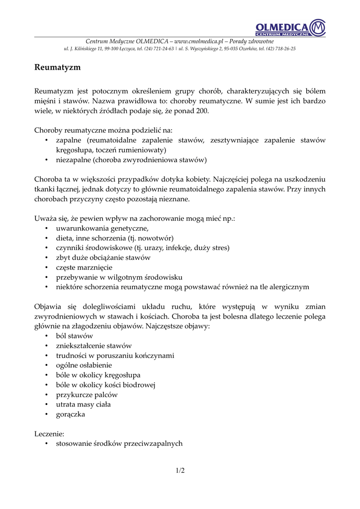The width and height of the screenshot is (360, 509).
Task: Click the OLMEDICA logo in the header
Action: coord(290,27)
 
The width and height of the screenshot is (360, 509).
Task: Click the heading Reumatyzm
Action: coord(57,67)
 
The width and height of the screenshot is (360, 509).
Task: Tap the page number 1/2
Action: coord(180,471)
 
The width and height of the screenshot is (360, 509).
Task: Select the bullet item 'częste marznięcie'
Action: coord(84,267)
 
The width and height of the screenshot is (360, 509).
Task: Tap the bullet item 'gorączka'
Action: coord(71,414)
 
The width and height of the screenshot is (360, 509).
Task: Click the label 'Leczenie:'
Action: coord(49,433)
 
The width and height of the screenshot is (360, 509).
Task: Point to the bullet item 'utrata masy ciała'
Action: coord(83,405)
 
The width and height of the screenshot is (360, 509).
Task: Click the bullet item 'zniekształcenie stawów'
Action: coord(94,345)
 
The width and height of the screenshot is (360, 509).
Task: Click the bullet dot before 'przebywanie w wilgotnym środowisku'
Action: coord(46,277)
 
